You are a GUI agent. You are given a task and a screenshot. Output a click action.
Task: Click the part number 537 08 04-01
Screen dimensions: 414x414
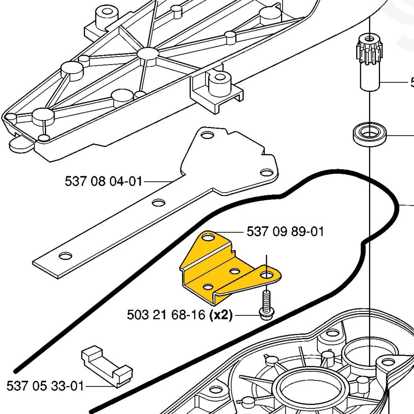click(103, 182)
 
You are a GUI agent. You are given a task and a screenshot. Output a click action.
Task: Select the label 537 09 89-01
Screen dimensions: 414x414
click(285, 232)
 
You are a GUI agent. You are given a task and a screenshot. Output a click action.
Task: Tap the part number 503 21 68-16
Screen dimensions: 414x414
click(166, 315)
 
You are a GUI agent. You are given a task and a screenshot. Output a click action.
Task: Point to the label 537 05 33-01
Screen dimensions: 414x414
click(45, 386)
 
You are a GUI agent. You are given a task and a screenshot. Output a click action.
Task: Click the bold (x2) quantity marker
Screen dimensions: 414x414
click(221, 315)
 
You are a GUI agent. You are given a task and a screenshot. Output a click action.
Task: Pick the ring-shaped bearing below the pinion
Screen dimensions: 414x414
click(370, 135)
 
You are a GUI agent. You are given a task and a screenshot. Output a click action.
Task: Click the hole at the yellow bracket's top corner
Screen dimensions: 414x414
click(208, 237)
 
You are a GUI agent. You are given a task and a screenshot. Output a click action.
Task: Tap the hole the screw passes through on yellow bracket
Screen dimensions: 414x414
click(266, 275)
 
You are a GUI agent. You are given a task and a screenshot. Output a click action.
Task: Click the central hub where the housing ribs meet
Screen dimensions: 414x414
click(146, 53)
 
